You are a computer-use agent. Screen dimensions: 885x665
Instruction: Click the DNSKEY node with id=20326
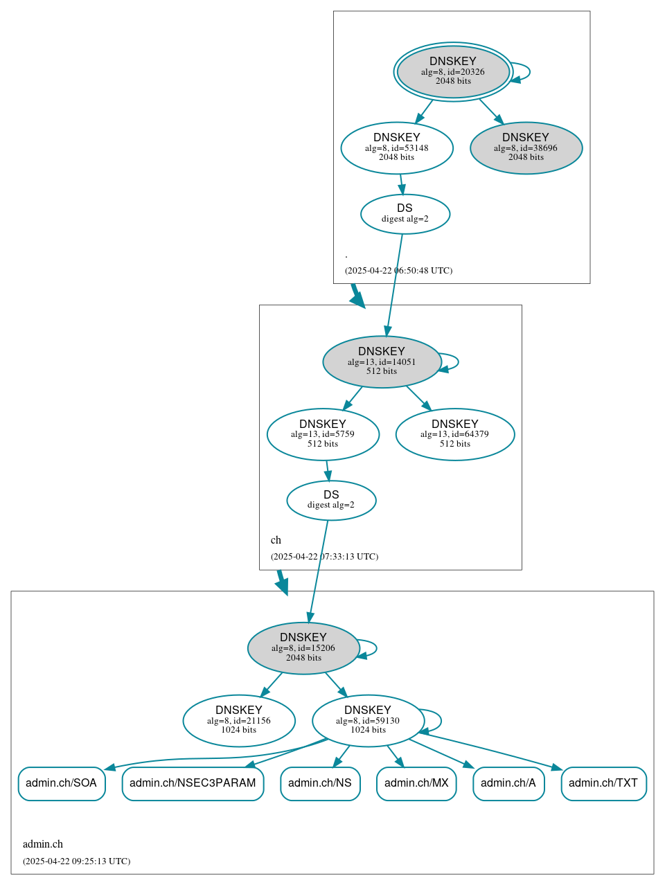tap(453, 71)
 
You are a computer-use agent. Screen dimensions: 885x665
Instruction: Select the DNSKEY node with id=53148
tap(397, 147)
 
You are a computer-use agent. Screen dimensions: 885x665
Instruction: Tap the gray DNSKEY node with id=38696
tap(526, 147)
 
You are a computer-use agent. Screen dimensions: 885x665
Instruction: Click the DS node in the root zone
tap(405, 214)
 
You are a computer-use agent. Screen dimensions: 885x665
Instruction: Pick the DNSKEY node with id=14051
tap(382, 361)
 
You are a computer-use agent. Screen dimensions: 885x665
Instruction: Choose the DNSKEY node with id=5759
tap(323, 434)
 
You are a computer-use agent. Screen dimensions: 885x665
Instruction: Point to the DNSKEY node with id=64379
tap(455, 434)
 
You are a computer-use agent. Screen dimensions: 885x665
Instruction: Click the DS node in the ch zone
tap(331, 500)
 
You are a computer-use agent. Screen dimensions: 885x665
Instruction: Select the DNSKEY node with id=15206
tap(303, 647)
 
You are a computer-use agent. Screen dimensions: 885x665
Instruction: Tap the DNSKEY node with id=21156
tap(239, 720)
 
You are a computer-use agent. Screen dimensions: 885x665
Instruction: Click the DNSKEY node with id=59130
tap(368, 720)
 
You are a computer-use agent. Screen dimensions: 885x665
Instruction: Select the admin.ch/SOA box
tap(62, 783)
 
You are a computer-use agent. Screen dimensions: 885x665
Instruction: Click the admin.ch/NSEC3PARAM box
tap(193, 783)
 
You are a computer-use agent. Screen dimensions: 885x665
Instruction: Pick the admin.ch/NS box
tap(320, 783)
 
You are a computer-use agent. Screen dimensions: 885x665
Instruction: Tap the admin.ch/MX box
tap(416, 783)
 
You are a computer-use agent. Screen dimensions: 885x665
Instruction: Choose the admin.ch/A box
tap(508, 783)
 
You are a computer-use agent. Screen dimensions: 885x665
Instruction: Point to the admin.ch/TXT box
tap(603, 783)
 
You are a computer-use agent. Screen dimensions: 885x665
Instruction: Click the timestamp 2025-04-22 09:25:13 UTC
tap(76, 861)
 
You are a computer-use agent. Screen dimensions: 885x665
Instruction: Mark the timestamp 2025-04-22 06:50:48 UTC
tap(398, 271)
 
